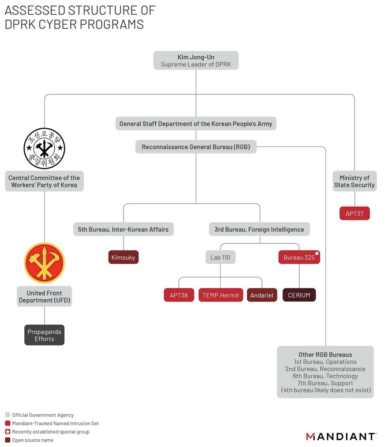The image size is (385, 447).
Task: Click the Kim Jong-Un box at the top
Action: coord(196,60)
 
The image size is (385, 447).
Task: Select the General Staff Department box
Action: coord(196,124)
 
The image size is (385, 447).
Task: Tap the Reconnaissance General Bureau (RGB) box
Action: coord(196,147)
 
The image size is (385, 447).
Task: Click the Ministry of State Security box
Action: coord(354,181)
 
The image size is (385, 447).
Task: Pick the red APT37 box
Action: coord(354,213)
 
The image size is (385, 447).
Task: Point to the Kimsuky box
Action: coord(123,257)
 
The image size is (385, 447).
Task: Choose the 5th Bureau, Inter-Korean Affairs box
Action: coord(123,229)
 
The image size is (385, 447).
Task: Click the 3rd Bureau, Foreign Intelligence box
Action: coord(259,229)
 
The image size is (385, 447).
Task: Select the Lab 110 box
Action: coord(220,257)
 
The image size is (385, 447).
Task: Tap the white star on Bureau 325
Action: coord(317,253)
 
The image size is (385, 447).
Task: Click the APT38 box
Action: coord(179,295)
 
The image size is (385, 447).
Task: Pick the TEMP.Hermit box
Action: coord(221,295)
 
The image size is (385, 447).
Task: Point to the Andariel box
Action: coord(262,295)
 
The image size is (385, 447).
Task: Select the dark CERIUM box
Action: coord(299,295)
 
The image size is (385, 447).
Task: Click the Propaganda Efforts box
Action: coord(44,335)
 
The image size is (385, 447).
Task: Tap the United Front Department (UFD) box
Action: coord(44,296)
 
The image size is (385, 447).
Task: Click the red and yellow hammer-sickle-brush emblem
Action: coord(44,263)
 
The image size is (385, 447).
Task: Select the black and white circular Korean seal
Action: coord(44,148)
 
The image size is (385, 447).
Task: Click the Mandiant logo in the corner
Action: coord(341,436)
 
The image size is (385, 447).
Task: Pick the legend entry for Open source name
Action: coord(32,440)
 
